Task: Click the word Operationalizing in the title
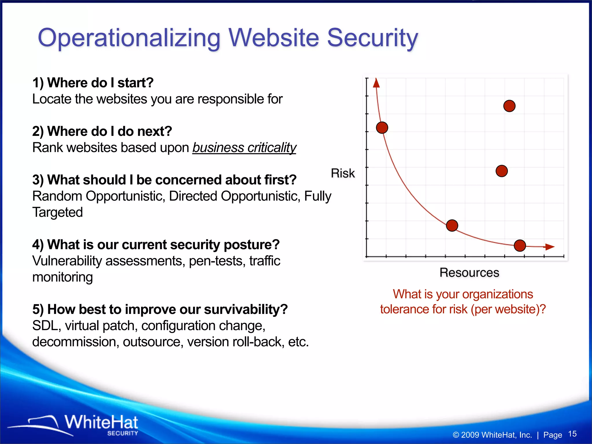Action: [129, 38]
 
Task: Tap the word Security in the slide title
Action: [372, 38]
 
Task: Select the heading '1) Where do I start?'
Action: [93, 83]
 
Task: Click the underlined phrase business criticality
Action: [244, 148]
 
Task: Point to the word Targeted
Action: [58, 212]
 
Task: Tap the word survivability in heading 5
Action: [246, 310]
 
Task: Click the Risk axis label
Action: [343, 173]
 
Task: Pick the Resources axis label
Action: [469, 273]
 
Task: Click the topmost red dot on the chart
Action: [509, 106]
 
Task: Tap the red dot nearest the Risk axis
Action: [382, 127]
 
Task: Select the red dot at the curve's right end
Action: [520, 246]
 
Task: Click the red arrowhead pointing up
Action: [376, 83]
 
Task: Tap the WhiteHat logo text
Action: [101, 423]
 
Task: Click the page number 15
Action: [572, 434]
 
